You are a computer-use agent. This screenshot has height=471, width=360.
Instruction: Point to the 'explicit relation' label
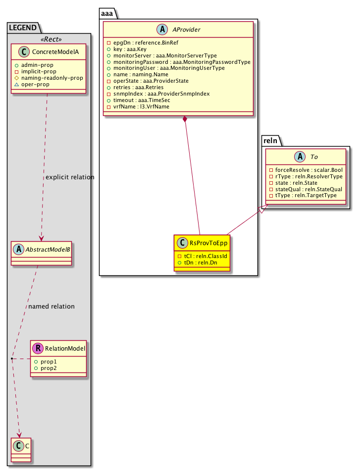pyautogui.click(x=69, y=177)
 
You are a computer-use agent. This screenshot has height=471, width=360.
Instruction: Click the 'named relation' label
pyautogui.click(x=51, y=307)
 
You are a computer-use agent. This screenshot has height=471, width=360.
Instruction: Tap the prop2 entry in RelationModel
pyautogui.click(x=49, y=368)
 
